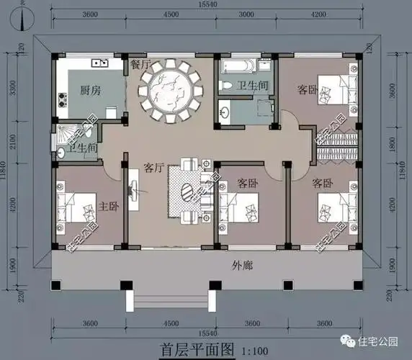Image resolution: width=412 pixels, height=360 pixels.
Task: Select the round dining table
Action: tap(171, 90)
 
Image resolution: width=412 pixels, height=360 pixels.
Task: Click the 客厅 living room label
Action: tap(154, 168)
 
